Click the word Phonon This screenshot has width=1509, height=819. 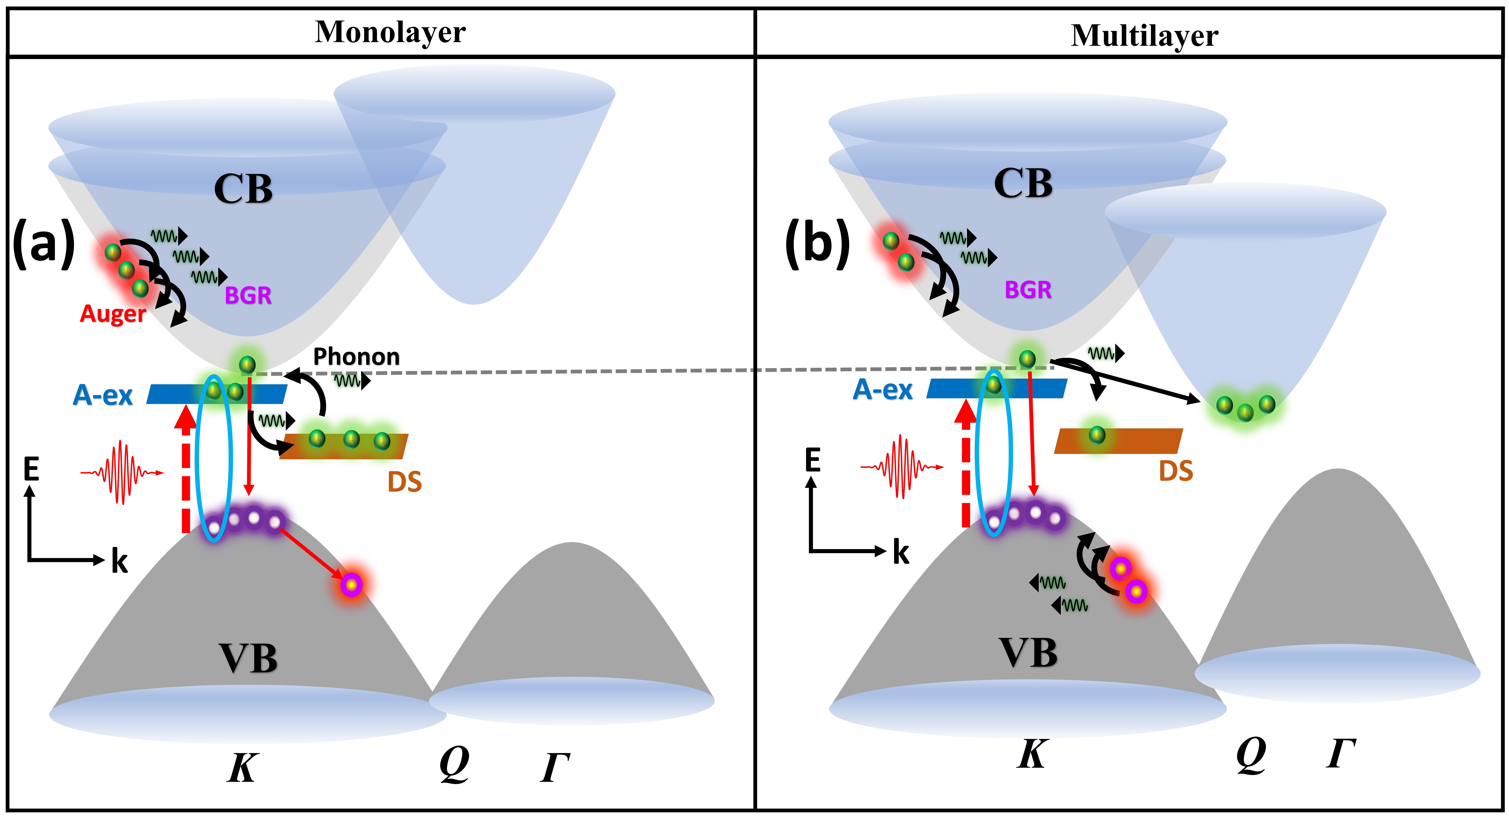(x=356, y=356)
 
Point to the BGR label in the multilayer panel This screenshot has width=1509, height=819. (x=1028, y=290)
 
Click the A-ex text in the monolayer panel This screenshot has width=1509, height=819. (x=102, y=395)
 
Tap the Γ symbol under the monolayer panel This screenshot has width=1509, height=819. (x=555, y=767)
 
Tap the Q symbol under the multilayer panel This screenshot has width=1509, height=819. (x=1251, y=755)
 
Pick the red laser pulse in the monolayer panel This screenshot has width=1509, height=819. (x=122, y=472)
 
